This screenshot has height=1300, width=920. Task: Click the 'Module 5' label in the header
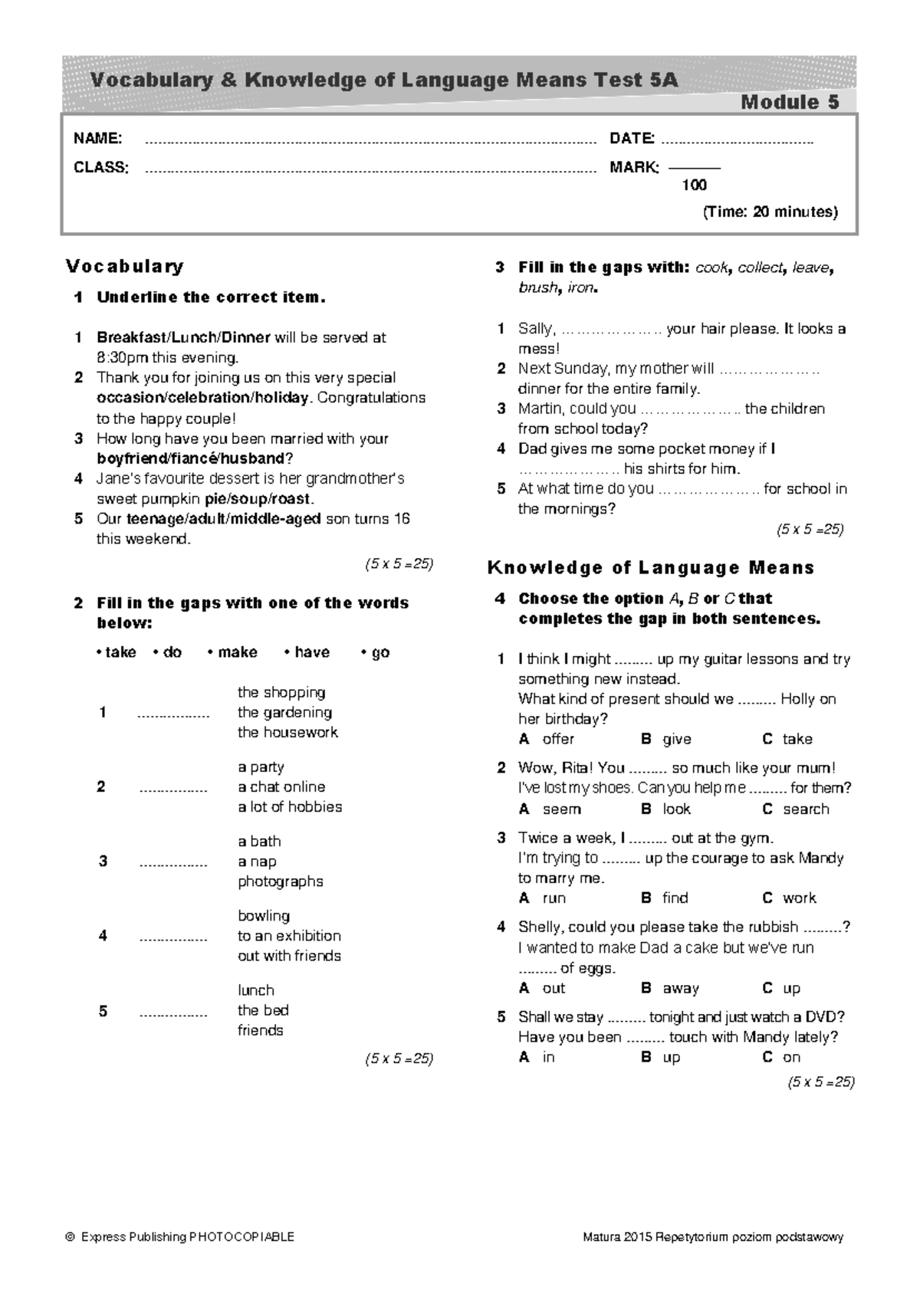(790, 102)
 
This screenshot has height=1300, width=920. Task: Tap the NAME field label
(97, 139)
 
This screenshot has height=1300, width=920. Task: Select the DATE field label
(632, 139)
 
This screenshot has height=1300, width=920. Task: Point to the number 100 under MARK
(695, 185)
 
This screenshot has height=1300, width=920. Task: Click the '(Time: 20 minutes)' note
(770, 212)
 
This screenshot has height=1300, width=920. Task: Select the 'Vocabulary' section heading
(125, 266)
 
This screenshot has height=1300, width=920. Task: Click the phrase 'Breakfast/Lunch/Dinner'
(183, 337)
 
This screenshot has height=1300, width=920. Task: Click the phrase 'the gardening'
(284, 712)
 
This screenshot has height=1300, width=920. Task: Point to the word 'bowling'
(264, 915)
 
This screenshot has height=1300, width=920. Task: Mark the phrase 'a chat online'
(281, 786)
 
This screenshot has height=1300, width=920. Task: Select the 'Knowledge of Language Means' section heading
(651, 568)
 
